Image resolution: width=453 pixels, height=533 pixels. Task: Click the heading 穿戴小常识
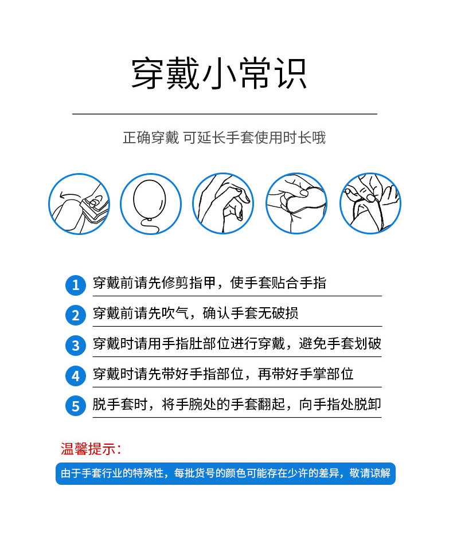tap(220, 74)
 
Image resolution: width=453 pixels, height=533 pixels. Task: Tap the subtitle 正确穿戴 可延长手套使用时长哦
tap(224, 138)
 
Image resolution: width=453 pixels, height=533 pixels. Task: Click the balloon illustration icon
tap(151, 203)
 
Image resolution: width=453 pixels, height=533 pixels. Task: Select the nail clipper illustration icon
tap(79, 203)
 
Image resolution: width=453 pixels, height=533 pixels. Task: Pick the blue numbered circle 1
tap(76, 285)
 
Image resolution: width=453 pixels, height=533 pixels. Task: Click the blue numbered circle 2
tap(76, 315)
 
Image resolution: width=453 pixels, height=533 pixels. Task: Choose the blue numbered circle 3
tap(76, 346)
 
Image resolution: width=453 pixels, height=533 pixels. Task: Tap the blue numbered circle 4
tap(76, 375)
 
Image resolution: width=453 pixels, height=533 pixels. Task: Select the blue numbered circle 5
tap(76, 406)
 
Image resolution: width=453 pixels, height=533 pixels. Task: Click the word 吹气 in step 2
tap(175, 313)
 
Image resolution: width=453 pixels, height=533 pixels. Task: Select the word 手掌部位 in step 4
tap(326, 374)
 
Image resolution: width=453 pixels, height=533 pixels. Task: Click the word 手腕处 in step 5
tap(196, 404)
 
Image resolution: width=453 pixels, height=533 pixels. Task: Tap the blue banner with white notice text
tap(225, 473)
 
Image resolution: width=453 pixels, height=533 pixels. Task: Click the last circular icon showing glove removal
tap(370, 203)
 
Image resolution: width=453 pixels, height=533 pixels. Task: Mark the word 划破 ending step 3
tap(368, 343)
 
